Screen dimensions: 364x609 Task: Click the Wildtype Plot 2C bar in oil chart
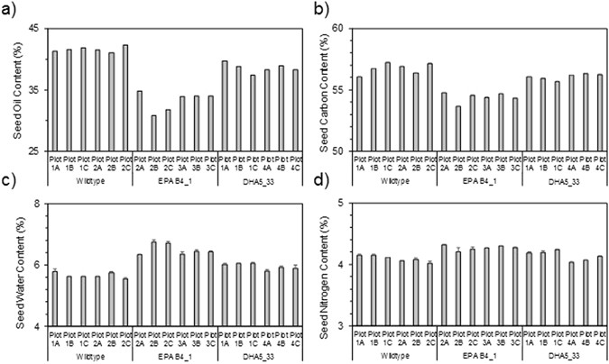tap(125, 97)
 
